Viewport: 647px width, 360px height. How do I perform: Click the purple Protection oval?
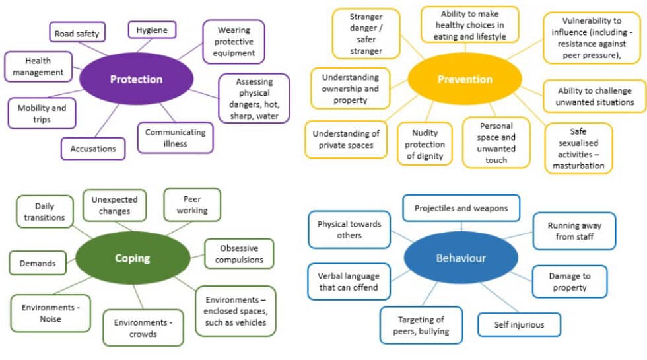[136, 79]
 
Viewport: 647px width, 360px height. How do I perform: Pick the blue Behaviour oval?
[460, 258]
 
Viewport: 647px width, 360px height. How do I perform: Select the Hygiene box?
[152, 30]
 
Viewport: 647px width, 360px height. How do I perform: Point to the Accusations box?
[93, 149]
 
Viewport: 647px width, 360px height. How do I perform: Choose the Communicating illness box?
[176, 138]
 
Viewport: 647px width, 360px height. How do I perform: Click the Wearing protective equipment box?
[233, 41]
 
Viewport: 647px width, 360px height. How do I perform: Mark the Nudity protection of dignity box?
[425, 144]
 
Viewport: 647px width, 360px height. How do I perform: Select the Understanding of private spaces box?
[347, 139]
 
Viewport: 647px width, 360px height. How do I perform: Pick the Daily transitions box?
[45, 211]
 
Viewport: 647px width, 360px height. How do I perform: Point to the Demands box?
[38, 263]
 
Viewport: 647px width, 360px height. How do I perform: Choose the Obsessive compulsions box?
[238, 254]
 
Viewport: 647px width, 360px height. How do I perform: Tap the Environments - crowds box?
[143, 328]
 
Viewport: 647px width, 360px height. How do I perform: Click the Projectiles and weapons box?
[461, 208]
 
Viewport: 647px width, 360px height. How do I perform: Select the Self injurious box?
[520, 324]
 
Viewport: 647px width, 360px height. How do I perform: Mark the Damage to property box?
[570, 281]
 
